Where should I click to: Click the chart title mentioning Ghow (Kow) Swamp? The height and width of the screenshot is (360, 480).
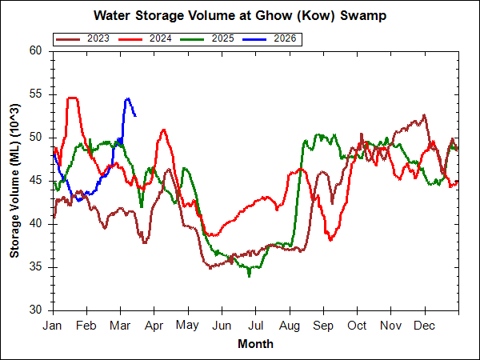[x=240, y=15]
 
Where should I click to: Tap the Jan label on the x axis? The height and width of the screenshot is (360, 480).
[x=53, y=326]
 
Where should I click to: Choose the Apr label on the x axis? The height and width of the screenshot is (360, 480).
[x=154, y=326]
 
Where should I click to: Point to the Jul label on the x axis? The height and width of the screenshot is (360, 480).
[x=256, y=326]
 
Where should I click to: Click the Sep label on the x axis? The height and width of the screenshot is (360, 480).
[x=323, y=326]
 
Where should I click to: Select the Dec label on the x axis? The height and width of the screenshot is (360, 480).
[x=425, y=326]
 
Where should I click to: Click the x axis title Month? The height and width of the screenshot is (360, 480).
[x=255, y=344]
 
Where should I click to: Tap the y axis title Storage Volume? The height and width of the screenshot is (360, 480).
[x=15, y=180]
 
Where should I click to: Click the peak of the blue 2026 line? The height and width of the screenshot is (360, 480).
[x=127, y=98]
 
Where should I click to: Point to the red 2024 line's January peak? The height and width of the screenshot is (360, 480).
[x=72, y=98]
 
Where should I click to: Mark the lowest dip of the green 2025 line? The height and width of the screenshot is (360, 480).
[x=250, y=276]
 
